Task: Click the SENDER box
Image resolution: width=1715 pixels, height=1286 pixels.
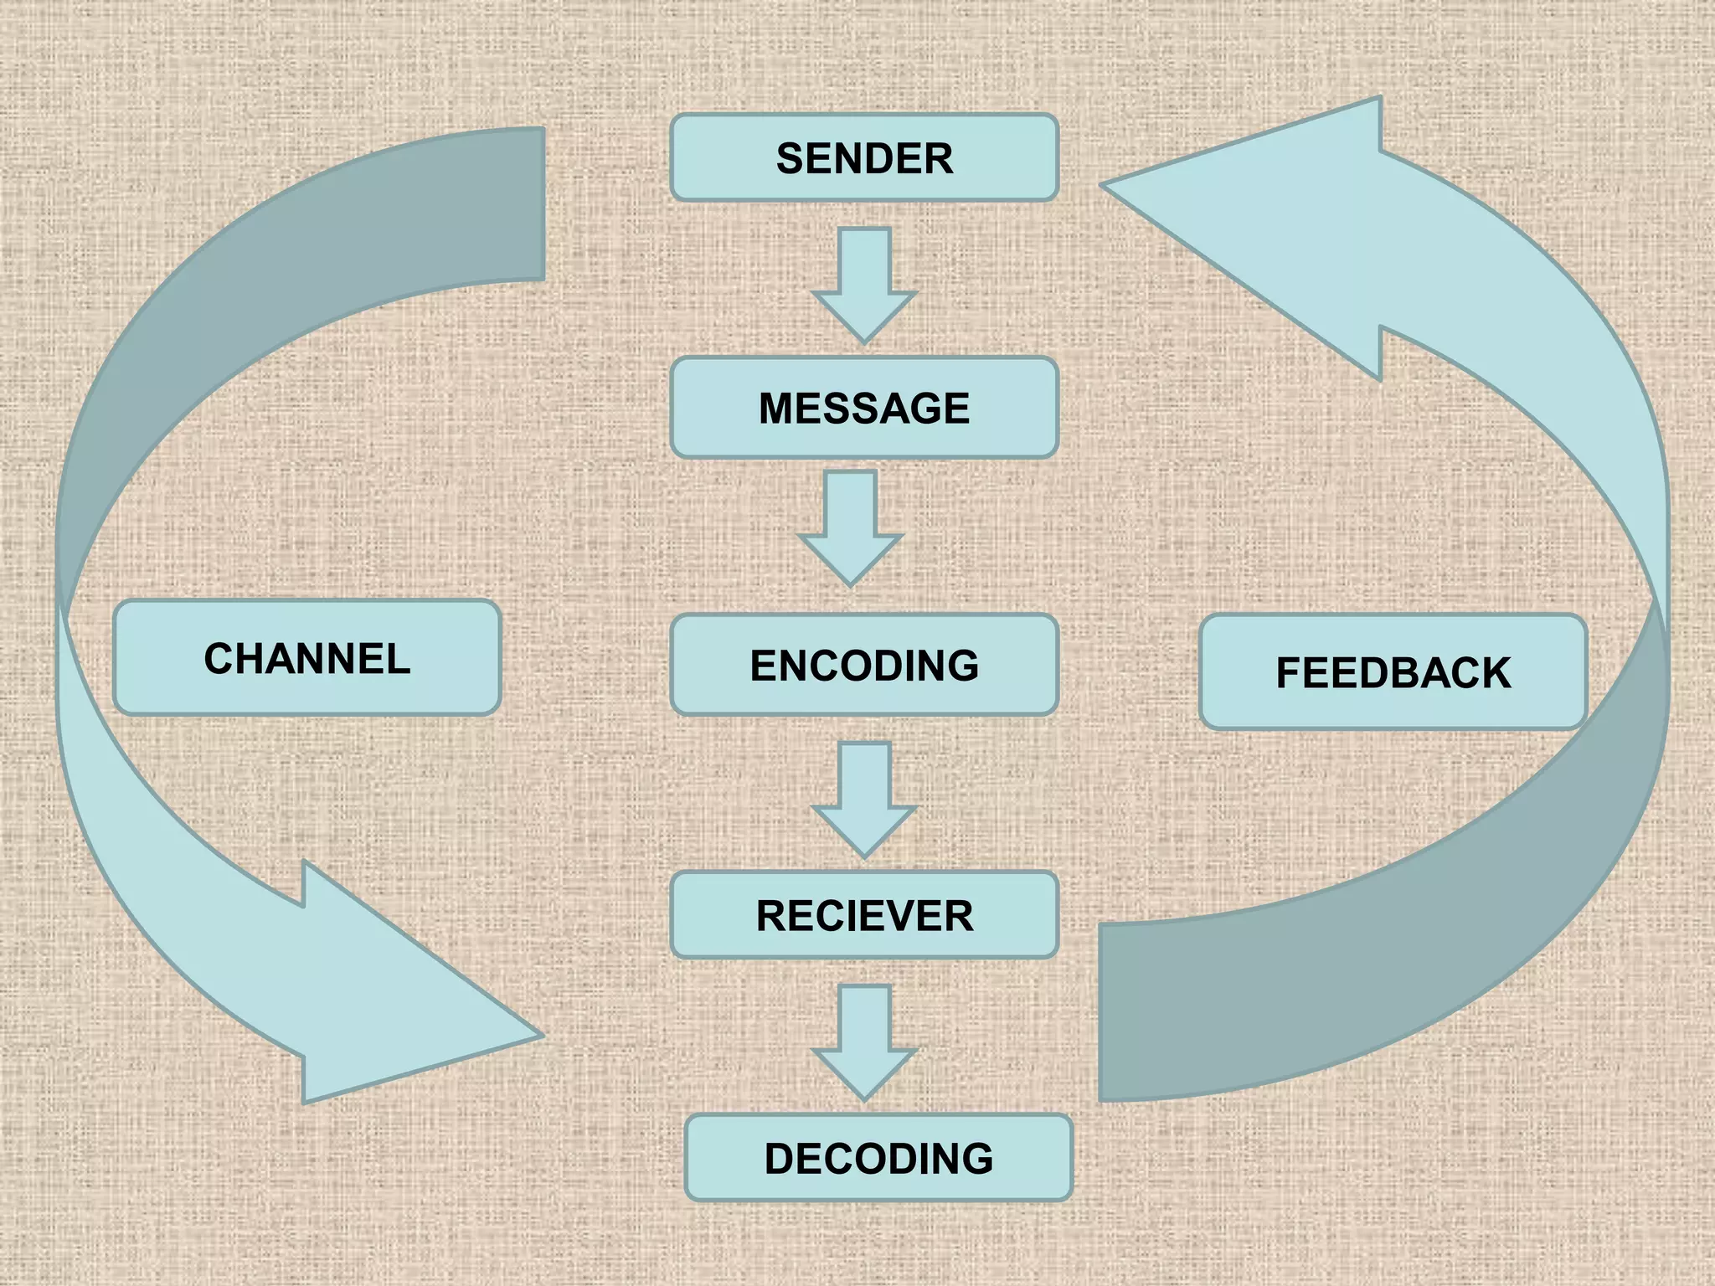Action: [x=864, y=157]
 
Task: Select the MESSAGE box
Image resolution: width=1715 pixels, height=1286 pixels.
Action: [x=864, y=408]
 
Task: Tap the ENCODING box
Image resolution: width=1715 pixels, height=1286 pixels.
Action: [x=864, y=665]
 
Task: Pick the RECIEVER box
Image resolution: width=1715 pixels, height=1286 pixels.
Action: [x=864, y=915]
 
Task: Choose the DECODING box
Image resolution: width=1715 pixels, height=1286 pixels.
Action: [x=878, y=1158]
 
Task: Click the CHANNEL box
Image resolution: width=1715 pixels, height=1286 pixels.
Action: [x=306, y=658]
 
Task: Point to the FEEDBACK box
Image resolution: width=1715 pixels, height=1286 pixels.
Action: [x=1393, y=672]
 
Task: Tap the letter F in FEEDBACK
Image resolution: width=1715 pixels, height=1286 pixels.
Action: [x=1289, y=673]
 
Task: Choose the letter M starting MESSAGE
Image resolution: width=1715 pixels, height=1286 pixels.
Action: [x=776, y=409]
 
